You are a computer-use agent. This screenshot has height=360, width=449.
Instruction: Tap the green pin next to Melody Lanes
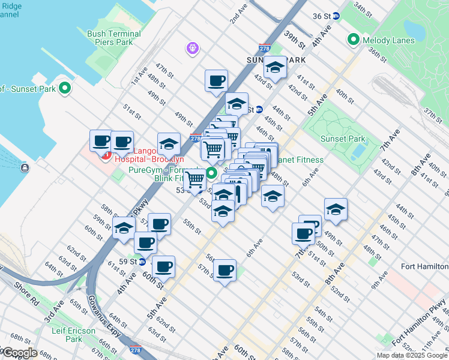[353, 40]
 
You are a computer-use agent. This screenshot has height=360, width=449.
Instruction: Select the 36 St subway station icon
[337, 16]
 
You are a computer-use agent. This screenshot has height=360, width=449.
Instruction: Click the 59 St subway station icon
[142, 262]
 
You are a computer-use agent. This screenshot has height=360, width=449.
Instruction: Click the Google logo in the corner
[20, 353]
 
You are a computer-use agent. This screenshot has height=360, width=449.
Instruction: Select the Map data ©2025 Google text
[412, 355]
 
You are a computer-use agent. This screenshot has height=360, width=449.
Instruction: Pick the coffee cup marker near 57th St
[224, 271]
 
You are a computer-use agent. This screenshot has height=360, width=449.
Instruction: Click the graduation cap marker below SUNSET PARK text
[276, 68]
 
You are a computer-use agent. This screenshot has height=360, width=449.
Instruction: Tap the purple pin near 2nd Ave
[192, 46]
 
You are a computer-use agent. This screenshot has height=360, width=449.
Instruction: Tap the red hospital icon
[106, 157]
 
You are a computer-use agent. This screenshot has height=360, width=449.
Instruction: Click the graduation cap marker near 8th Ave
[336, 209]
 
